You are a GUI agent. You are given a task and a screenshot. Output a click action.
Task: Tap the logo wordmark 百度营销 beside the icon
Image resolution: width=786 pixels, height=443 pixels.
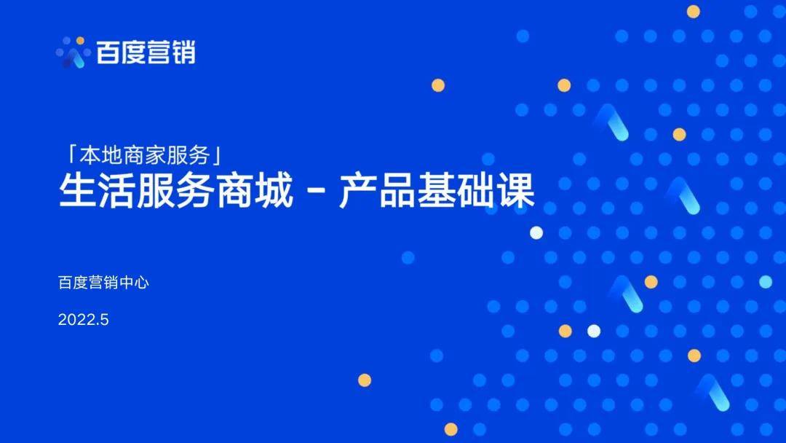[x=146, y=52]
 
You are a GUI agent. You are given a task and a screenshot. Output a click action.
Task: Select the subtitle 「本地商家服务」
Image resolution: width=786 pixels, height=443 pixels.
[x=144, y=155]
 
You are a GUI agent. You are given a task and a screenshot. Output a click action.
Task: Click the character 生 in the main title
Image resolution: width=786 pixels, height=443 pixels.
[x=77, y=191]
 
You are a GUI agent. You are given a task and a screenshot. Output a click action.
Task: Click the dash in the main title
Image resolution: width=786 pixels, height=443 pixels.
[x=315, y=192]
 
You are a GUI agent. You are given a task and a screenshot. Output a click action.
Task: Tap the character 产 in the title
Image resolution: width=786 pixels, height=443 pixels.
[x=357, y=191]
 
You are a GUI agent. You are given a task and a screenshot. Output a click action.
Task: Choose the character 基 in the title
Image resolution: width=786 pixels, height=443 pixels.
[x=436, y=191]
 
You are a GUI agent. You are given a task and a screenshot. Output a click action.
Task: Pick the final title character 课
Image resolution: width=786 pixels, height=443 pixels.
[x=516, y=191]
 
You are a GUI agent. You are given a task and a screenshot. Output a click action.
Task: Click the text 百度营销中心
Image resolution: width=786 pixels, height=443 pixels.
[x=103, y=283]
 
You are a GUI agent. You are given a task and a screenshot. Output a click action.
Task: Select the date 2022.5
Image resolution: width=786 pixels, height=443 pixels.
[x=83, y=320]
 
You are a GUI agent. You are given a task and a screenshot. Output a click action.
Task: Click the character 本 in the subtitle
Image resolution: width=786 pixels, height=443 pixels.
[x=88, y=155]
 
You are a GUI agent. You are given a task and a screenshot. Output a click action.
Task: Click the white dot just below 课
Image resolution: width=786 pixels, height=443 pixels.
[x=536, y=232]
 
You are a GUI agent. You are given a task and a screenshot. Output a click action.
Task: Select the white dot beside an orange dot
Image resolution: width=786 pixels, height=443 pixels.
[x=594, y=331]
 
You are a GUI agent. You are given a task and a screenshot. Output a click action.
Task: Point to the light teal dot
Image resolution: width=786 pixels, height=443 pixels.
[x=766, y=282]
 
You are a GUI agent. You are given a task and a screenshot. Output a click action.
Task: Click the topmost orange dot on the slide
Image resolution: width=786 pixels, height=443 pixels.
[x=694, y=12]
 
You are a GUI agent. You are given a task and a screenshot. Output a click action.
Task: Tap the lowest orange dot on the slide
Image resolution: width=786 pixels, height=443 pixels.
[x=451, y=429]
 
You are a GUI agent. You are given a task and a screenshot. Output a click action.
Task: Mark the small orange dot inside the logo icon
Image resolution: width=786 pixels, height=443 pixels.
[x=80, y=40]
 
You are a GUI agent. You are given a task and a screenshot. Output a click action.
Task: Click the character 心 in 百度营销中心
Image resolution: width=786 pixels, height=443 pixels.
[x=142, y=283]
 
